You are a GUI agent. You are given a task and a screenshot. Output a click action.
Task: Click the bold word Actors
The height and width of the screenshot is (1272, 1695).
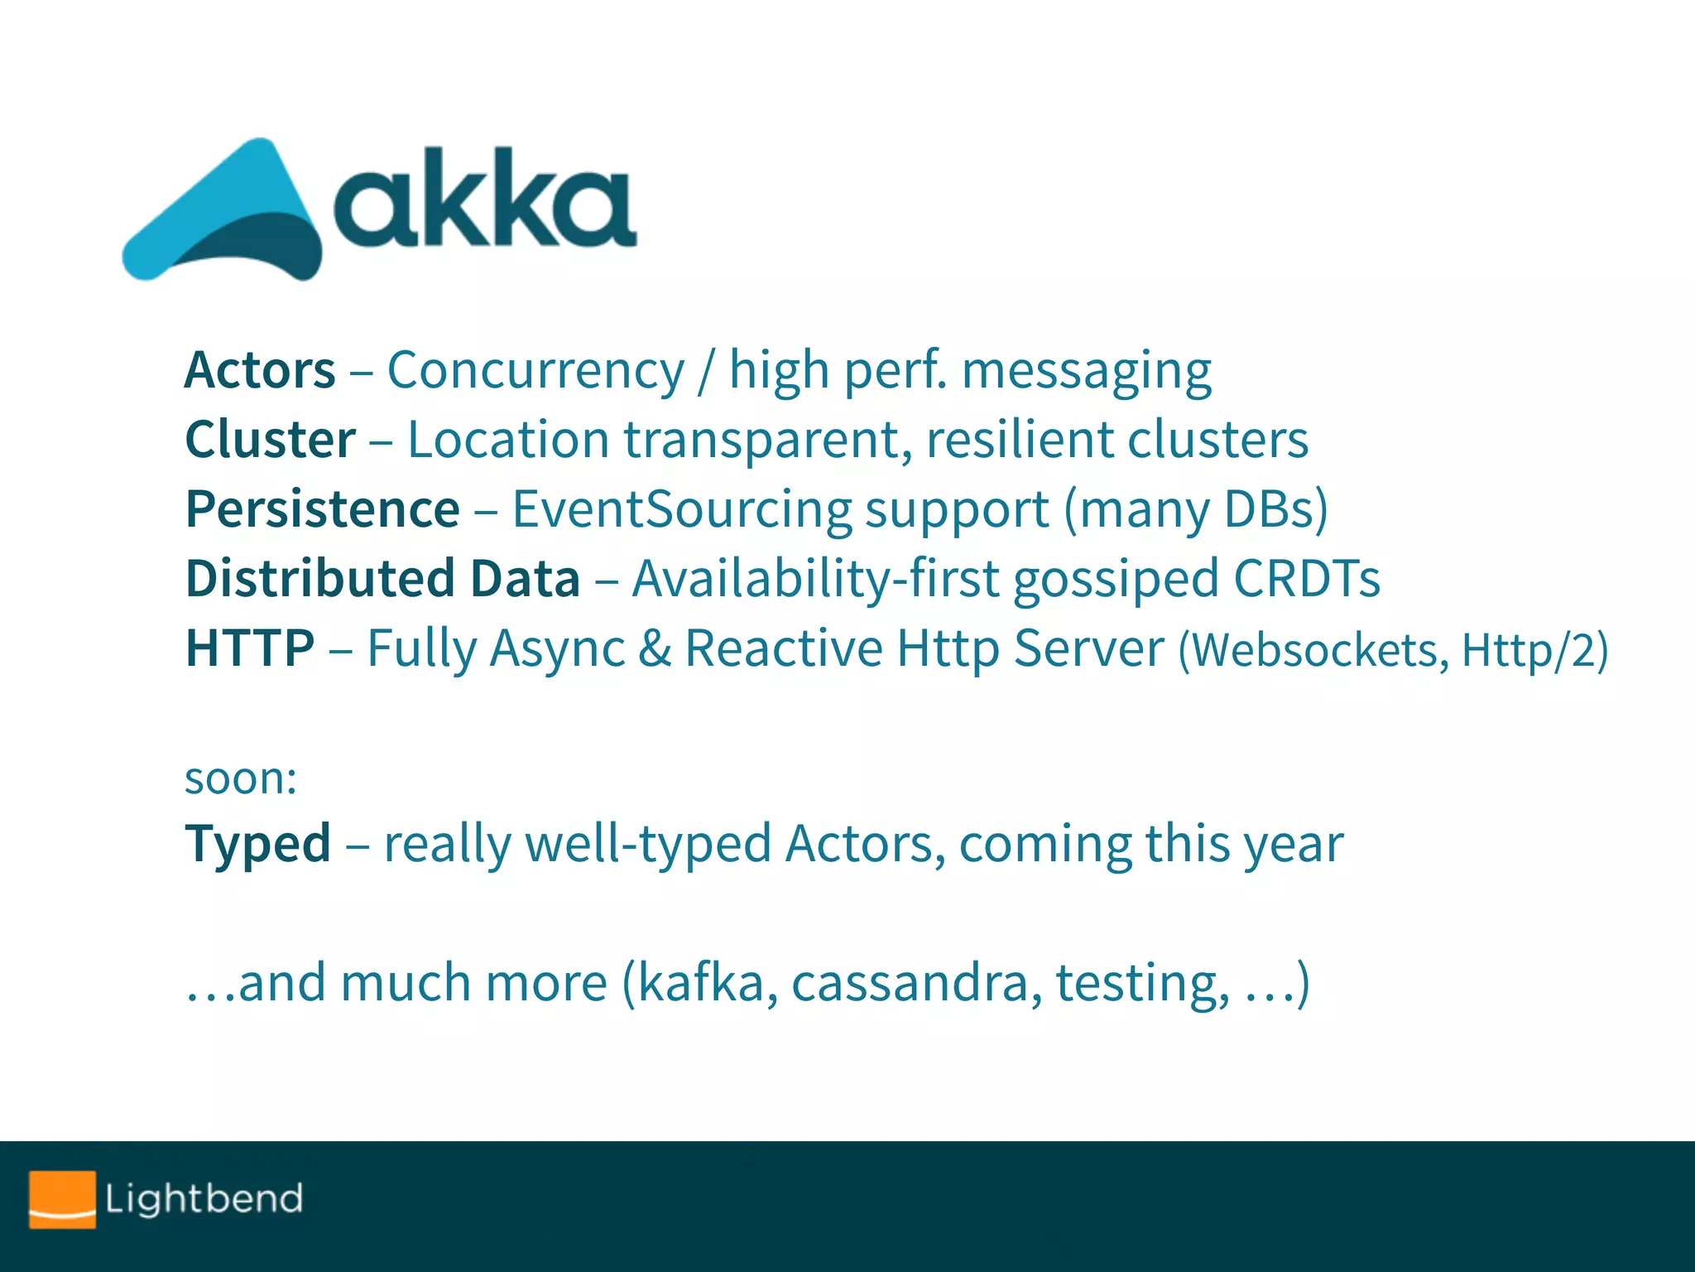tap(260, 370)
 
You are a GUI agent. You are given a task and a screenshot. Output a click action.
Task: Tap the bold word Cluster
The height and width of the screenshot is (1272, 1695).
tap(271, 440)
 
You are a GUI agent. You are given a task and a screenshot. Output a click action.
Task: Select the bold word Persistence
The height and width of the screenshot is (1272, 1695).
tap(322, 509)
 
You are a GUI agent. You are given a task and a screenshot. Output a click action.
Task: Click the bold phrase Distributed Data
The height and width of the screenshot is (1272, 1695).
tap(382, 578)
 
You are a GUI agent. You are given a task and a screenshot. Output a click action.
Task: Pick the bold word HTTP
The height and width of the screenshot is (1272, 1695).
tap(250, 648)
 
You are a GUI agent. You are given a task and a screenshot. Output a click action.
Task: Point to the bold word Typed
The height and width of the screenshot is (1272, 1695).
tap(257, 844)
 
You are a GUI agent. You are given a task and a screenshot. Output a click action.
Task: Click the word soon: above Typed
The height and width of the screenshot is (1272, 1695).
tap(240, 778)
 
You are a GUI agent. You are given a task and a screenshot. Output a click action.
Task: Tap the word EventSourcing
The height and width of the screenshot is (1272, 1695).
tap(682, 509)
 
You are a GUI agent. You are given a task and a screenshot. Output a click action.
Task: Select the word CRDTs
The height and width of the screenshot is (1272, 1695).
tap(1307, 578)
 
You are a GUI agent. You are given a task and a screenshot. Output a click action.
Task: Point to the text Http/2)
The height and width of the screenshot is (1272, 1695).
tap(1534, 650)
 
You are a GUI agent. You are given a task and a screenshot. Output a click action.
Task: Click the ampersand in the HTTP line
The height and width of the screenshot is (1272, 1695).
tap(655, 648)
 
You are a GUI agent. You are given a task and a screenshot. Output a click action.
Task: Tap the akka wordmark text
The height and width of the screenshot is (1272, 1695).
tap(484, 200)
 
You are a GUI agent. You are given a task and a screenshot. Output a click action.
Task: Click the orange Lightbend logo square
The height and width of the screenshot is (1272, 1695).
tap(62, 1198)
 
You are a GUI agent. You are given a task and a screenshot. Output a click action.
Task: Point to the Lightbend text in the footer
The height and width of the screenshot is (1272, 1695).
tap(204, 1199)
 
